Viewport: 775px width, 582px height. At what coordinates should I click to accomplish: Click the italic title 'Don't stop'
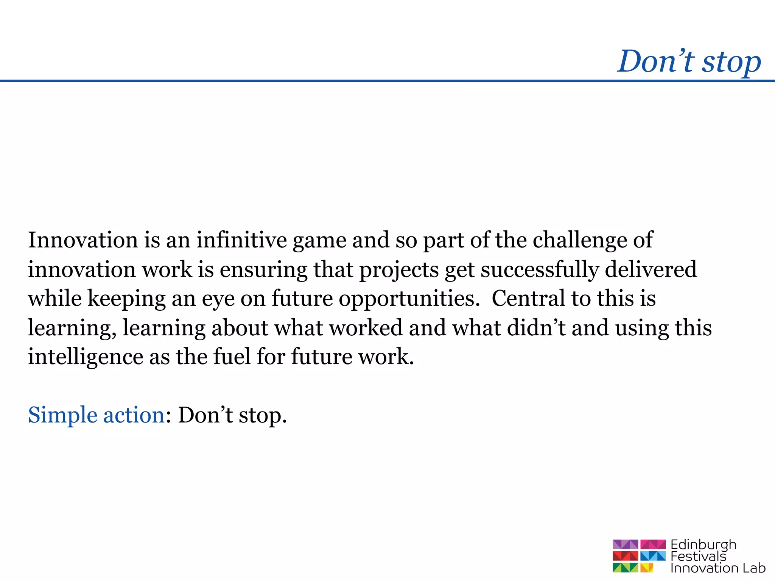pos(689,61)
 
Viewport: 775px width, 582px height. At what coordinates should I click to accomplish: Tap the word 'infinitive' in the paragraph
pos(241,240)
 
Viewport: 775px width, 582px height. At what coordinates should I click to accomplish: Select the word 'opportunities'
pos(409,299)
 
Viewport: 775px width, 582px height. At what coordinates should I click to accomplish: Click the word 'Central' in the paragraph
pos(529,298)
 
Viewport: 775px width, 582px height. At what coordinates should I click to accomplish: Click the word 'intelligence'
pos(86,357)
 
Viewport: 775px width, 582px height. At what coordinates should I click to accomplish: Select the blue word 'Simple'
pos(62,416)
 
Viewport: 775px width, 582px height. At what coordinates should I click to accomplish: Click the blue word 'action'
pos(134,415)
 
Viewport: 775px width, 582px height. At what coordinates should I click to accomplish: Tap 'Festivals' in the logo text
pos(698,557)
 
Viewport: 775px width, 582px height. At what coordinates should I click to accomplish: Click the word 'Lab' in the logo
pos(753,568)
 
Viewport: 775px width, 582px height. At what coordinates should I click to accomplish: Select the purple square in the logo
pos(625,544)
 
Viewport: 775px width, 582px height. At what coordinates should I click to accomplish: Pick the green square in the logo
pos(625,568)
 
